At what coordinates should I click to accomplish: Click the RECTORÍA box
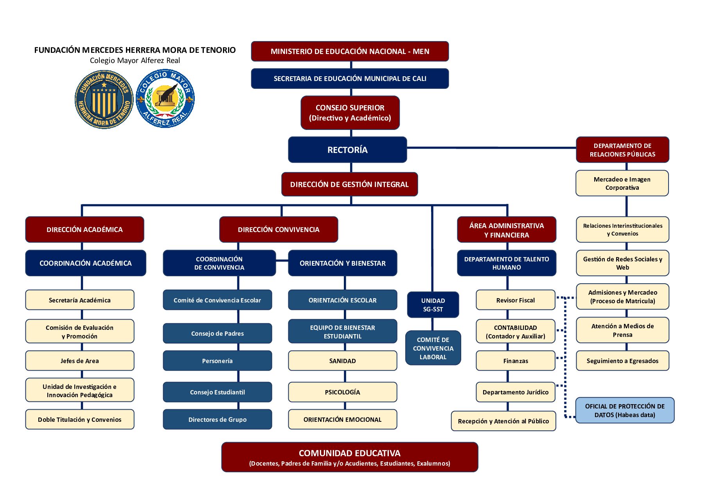(x=347, y=149)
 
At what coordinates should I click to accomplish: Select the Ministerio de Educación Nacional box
(x=350, y=51)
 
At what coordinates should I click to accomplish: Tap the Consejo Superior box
(x=350, y=113)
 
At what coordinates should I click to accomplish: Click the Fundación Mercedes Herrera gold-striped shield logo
(x=104, y=99)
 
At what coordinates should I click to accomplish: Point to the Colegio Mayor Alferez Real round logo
(x=165, y=99)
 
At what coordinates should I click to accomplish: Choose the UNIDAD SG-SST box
(x=433, y=305)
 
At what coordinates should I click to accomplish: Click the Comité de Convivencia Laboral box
(x=433, y=348)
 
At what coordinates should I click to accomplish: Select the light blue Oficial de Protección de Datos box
(x=625, y=410)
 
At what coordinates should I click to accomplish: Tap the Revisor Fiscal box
(x=516, y=300)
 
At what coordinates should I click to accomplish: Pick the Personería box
(x=217, y=361)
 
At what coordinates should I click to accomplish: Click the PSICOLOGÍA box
(x=343, y=392)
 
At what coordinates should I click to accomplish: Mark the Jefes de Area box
(x=80, y=361)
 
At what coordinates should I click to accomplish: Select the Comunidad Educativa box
(x=350, y=457)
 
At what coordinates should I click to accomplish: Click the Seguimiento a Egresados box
(x=622, y=361)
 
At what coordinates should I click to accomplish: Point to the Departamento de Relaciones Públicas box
(x=622, y=150)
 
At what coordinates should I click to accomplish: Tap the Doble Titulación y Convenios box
(x=80, y=419)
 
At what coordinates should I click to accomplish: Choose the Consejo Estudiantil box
(x=217, y=392)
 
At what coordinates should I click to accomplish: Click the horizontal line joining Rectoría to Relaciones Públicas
(x=491, y=148)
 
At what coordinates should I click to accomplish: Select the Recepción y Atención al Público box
(x=503, y=421)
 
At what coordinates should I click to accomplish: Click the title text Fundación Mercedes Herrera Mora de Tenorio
(x=135, y=50)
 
